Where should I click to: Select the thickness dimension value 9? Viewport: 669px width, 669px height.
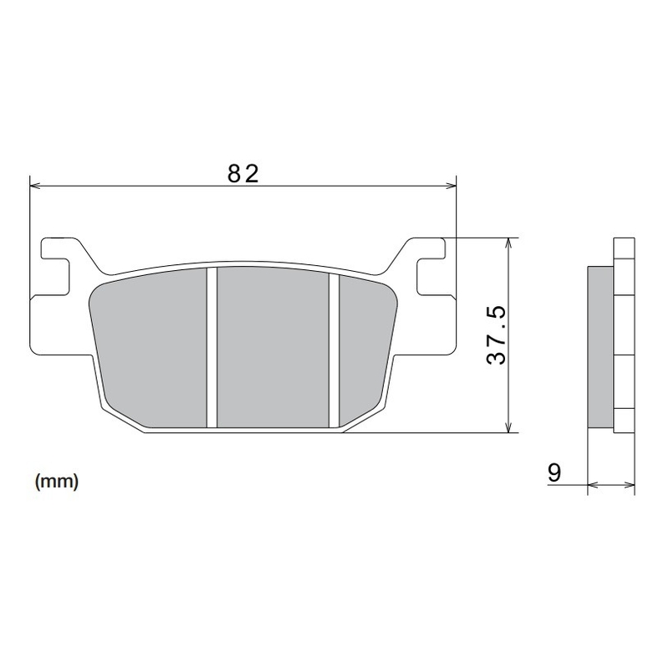coord(554,472)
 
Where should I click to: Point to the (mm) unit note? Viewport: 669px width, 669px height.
coord(57,482)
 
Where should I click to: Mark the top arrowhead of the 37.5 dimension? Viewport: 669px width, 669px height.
coord(508,243)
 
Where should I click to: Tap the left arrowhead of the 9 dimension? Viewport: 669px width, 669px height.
coord(593,483)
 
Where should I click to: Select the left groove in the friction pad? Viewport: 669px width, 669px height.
coord(212,347)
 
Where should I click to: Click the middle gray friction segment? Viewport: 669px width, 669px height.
coord(273,347)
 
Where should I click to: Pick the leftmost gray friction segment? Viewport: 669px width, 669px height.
coord(151,347)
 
